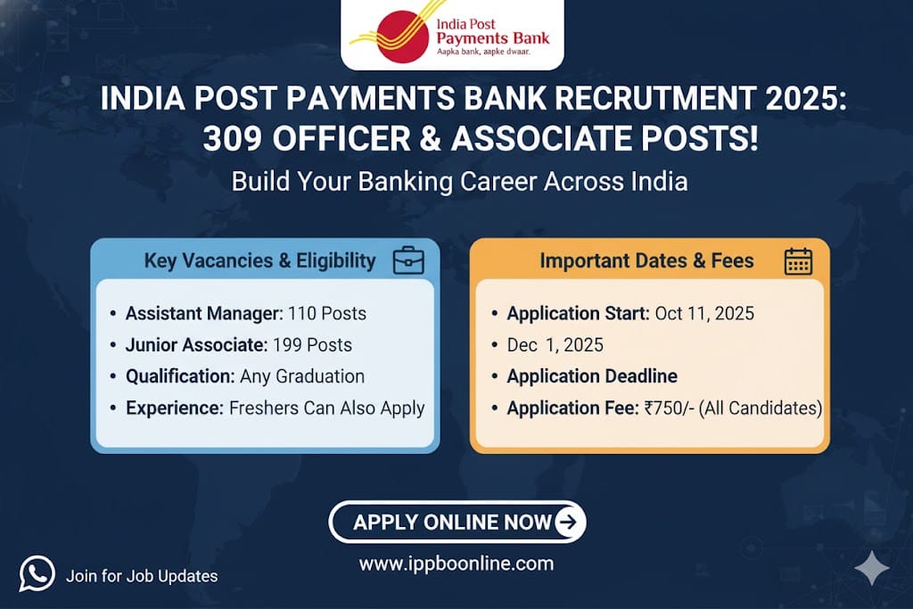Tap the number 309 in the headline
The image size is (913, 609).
coord(233,138)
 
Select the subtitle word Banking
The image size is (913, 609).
coord(406,182)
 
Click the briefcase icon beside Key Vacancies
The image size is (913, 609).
coord(408,260)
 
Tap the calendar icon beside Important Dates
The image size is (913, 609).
coord(798,261)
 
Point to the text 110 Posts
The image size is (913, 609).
coord(327,313)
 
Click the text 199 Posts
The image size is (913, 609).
coord(312,345)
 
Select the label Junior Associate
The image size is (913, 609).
coord(196,345)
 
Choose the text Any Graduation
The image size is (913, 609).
coord(302,376)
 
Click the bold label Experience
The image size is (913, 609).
coord(175,408)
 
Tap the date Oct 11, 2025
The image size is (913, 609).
coord(704,313)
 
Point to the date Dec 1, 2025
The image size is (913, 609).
coord(555,345)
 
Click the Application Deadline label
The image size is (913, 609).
coord(592,376)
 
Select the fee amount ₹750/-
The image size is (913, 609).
coord(669,408)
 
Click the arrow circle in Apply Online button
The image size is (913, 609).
coord(567,522)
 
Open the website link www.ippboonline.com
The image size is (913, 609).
coord(456,564)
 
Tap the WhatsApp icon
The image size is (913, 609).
coord(37,573)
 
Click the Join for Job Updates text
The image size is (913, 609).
coord(142,576)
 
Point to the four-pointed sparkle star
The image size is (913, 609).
coord(872,568)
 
